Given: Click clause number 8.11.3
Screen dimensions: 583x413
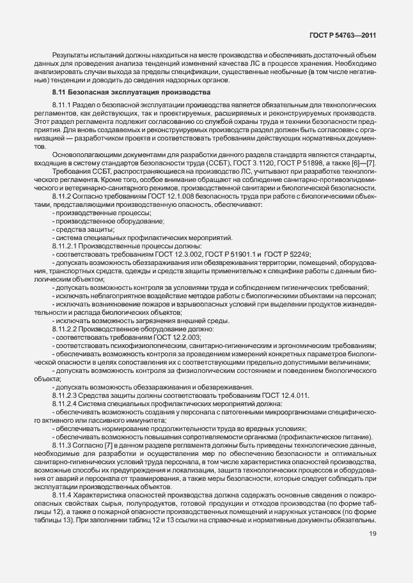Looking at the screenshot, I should pos(63,445).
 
